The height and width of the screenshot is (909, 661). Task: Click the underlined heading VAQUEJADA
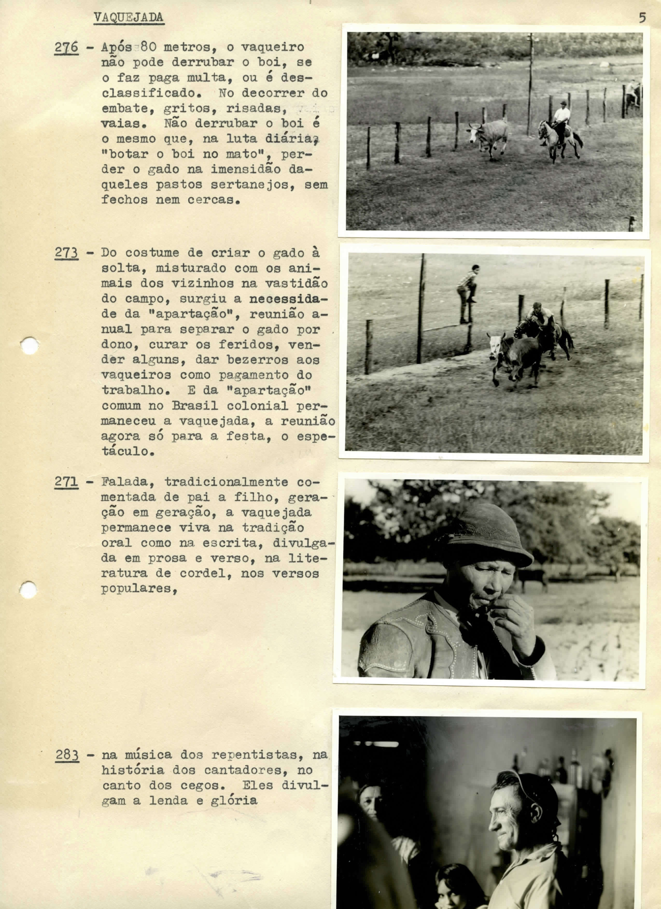[x=129, y=18]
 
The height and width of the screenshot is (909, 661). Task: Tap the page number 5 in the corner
[x=643, y=18]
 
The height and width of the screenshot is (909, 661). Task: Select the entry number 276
[x=67, y=48]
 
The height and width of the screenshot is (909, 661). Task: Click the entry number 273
[x=67, y=253]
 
